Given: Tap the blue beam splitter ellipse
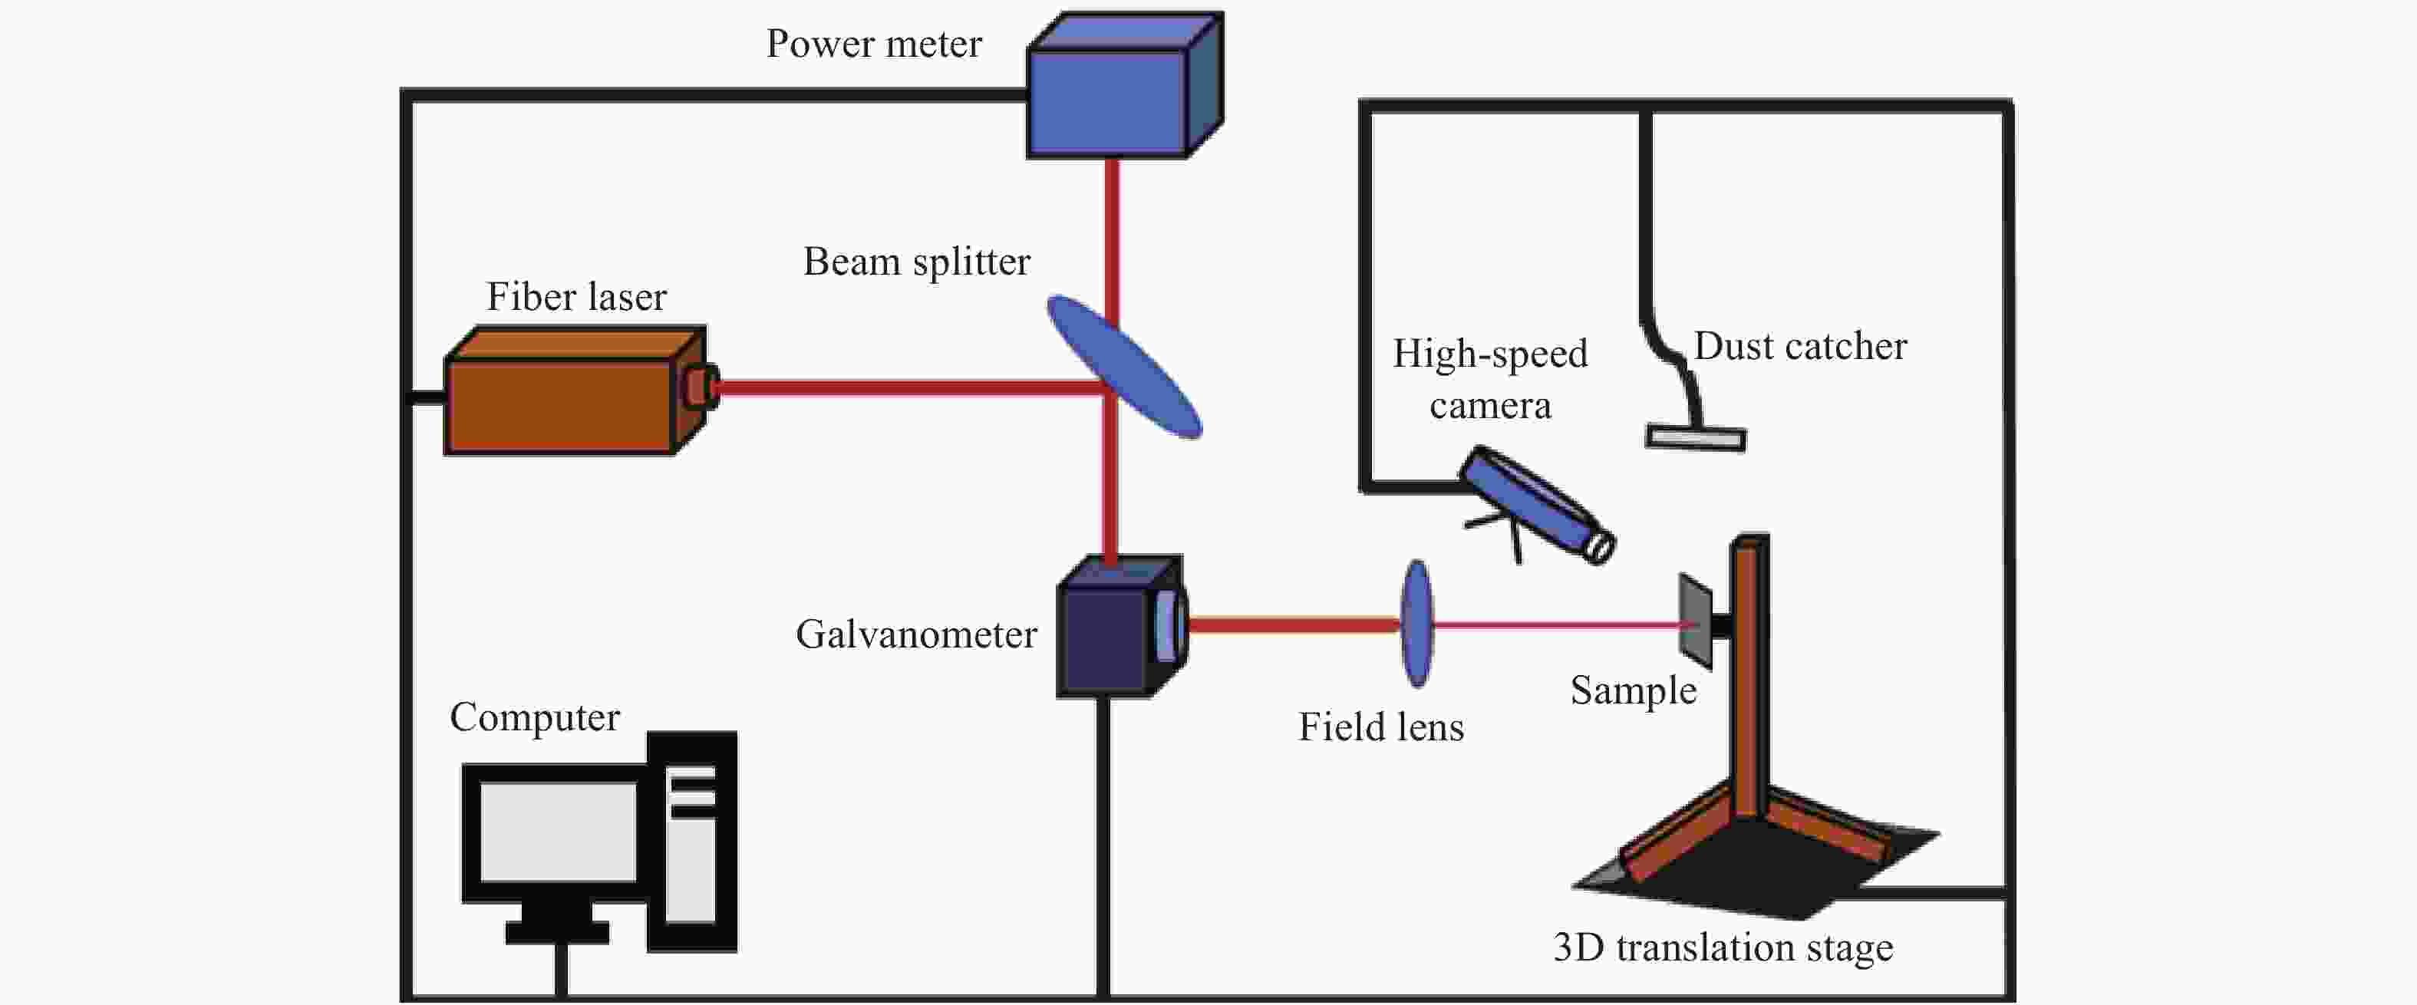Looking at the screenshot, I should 1124,366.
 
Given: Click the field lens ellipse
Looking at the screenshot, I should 1416,623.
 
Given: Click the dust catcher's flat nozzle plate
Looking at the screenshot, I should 1697,438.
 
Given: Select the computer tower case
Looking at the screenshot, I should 692,842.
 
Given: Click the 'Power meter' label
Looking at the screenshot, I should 873,44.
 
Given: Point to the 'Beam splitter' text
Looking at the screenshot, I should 917,262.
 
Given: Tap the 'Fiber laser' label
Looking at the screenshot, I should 576,298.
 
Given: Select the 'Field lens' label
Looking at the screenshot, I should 1381,727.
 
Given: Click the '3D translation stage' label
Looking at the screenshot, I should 1723,947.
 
